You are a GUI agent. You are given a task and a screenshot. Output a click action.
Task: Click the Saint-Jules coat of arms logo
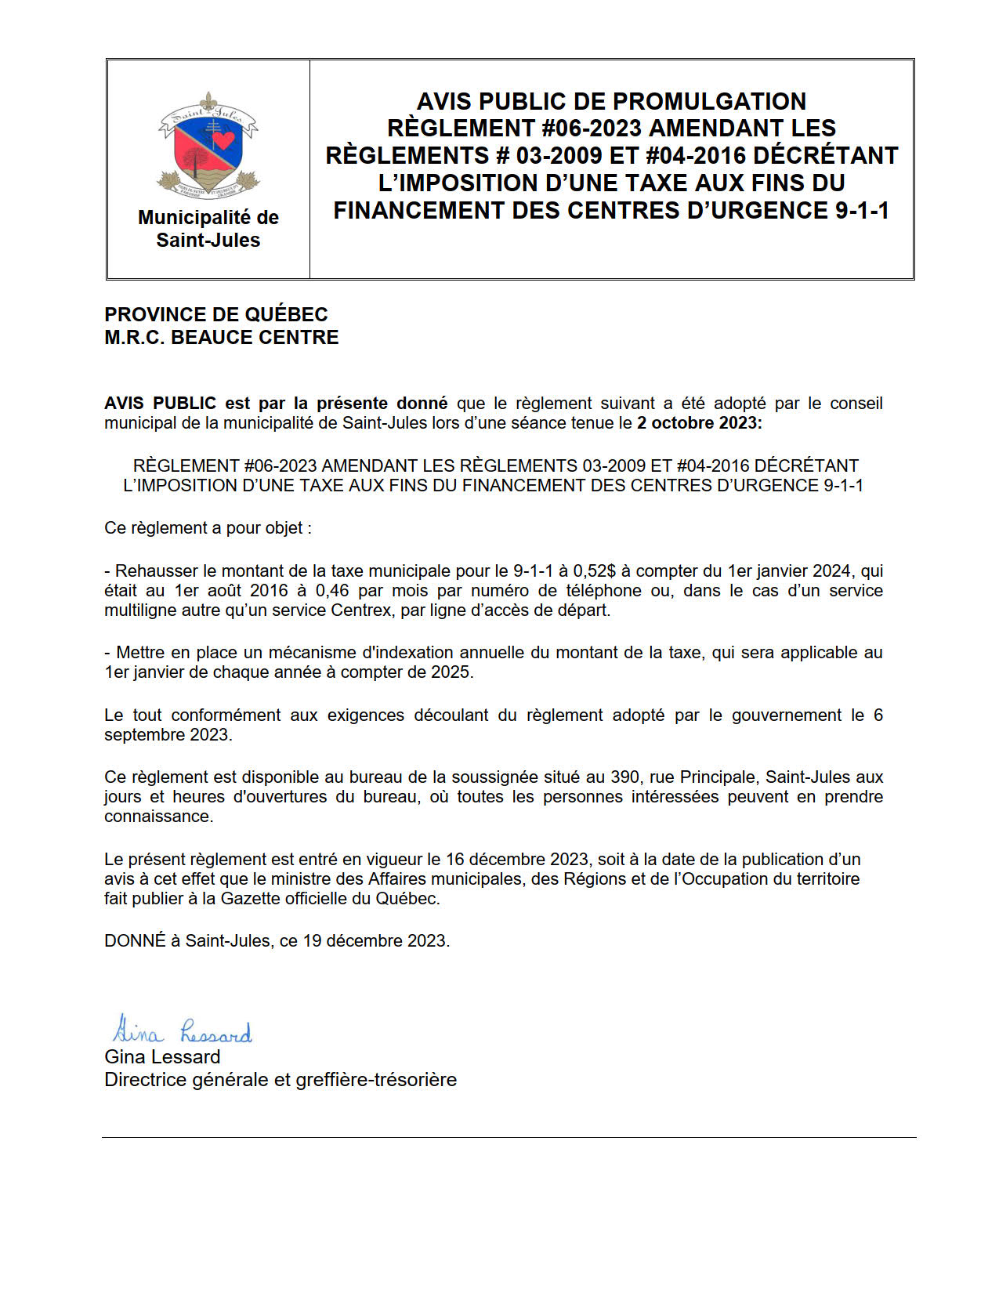coord(208,146)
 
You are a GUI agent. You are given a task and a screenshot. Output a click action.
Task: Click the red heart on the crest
coord(224,139)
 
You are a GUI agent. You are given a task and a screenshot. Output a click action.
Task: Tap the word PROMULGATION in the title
coord(709,101)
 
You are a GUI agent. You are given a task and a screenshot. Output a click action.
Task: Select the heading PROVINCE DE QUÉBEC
coord(216,314)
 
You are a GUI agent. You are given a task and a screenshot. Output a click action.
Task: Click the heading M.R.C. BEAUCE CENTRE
coord(222,337)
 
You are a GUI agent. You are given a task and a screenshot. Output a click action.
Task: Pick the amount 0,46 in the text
coord(331,590)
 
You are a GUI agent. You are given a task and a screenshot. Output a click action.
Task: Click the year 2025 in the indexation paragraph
coord(451,672)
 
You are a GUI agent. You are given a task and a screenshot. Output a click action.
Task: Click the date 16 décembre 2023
coord(517,859)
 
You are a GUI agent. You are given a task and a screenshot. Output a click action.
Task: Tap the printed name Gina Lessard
coord(162,1056)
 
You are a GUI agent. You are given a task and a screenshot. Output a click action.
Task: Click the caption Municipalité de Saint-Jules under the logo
coord(208,228)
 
